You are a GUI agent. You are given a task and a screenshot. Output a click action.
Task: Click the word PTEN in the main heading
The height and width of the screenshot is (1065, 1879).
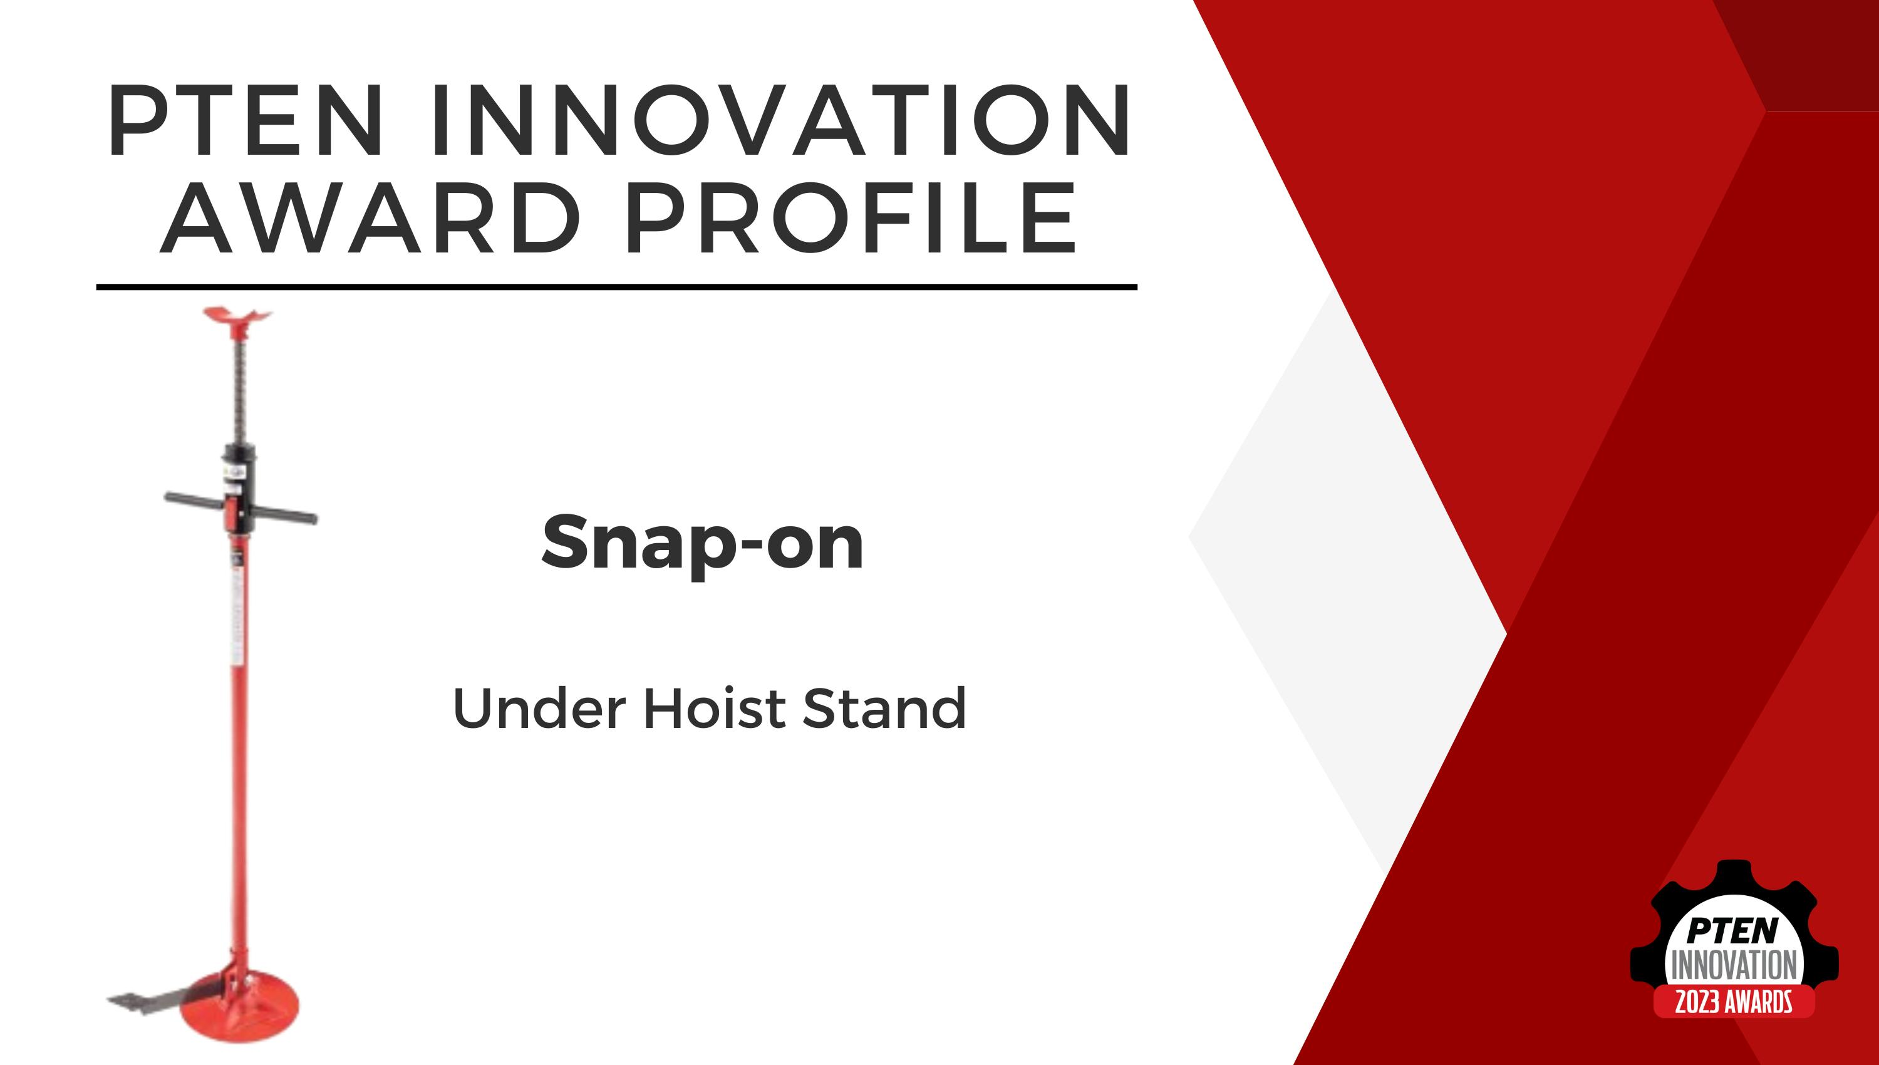click(246, 123)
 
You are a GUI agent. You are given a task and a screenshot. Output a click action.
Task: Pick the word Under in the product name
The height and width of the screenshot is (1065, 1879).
click(539, 708)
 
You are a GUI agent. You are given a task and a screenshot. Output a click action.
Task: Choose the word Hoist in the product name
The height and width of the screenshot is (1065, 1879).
click(713, 708)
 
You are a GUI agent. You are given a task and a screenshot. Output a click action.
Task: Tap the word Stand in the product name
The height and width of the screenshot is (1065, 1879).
click(884, 708)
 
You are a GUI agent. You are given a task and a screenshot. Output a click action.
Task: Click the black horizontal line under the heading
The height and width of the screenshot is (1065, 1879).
click(616, 288)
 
